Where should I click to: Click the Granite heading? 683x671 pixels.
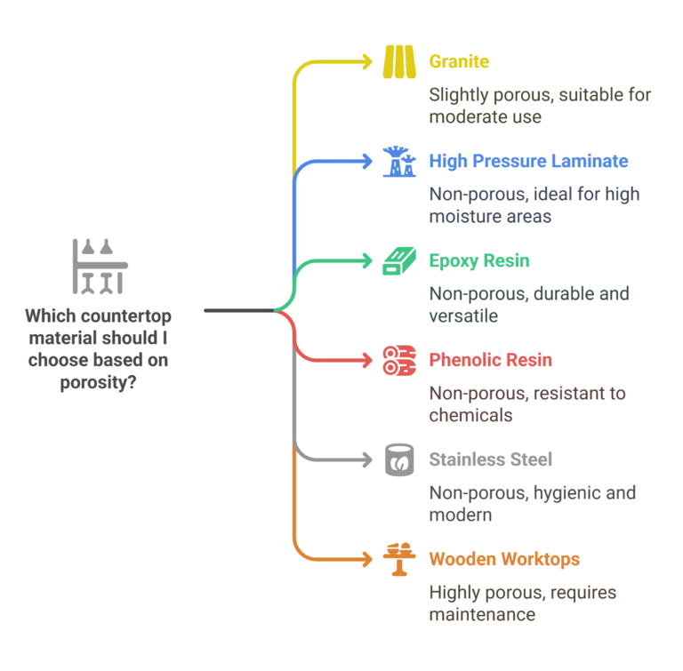[x=459, y=61]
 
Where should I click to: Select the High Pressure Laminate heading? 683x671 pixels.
[x=528, y=161]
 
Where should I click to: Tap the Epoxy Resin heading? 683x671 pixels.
[x=478, y=260]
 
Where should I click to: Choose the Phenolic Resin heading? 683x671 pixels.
[x=490, y=360]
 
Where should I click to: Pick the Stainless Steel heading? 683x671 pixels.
[x=490, y=459]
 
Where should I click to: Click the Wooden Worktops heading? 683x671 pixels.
[x=504, y=559]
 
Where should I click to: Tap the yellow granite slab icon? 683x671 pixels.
[x=399, y=61]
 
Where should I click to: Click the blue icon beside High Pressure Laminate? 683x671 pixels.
[x=399, y=161]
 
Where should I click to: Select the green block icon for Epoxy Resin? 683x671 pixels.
[x=399, y=260]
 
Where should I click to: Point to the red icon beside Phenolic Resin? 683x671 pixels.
[x=399, y=360]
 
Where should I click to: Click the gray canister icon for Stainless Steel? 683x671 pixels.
[x=399, y=459]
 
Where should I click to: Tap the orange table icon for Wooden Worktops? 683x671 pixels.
[x=399, y=559]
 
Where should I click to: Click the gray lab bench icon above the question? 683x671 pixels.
[x=99, y=266]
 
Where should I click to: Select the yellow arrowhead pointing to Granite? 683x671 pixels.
[x=366, y=61]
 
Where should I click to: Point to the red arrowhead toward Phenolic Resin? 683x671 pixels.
[x=366, y=360]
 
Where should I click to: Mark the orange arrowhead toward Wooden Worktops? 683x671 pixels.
[x=366, y=559]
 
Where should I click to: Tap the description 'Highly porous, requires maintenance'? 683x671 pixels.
[x=522, y=603]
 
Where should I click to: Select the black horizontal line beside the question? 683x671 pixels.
[x=238, y=310]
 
